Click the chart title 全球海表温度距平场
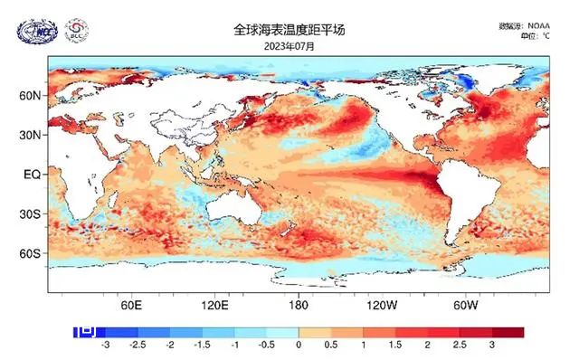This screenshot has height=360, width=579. click(289, 31)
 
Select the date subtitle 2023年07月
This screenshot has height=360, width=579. click(289, 45)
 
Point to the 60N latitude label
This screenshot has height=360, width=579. click(31, 95)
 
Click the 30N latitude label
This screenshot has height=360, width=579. click(31, 135)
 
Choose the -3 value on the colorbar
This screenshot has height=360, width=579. click(106, 346)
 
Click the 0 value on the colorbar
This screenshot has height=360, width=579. click(299, 346)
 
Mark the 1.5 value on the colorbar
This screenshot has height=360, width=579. click(394, 346)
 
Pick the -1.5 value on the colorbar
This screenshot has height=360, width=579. click(202, 346)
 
